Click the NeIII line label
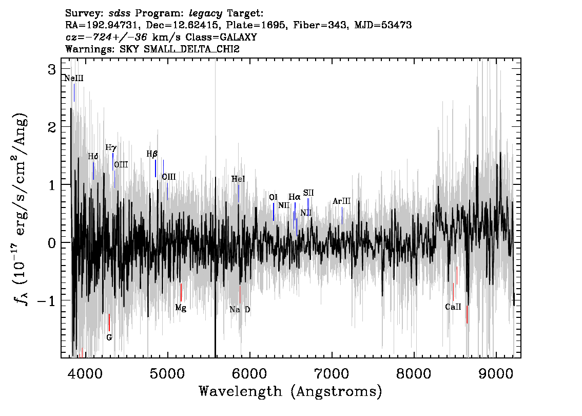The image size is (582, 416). [x=74, y=79]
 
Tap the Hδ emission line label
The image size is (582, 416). [x=93, y=156]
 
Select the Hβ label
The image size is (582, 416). [x=152, y=154]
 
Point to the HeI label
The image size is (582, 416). [x=238, y=179]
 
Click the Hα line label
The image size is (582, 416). [x=295, y=197]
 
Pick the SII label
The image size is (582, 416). [x=308, y=193]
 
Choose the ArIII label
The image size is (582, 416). [x=341, y=201]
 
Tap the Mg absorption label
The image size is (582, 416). [x=181, y=308]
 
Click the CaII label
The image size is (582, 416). [x=453, y=307]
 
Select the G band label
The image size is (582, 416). [x=109, y=337]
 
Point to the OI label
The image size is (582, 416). [x=273, y=197]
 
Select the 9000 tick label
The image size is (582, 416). [x=496, y=374]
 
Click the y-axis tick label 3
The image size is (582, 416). [x=52, y=69]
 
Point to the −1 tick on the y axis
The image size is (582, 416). [x=46, y=300]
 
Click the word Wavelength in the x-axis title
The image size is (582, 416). [x=241, y=391]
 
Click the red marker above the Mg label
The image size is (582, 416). [x=181, y=292]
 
